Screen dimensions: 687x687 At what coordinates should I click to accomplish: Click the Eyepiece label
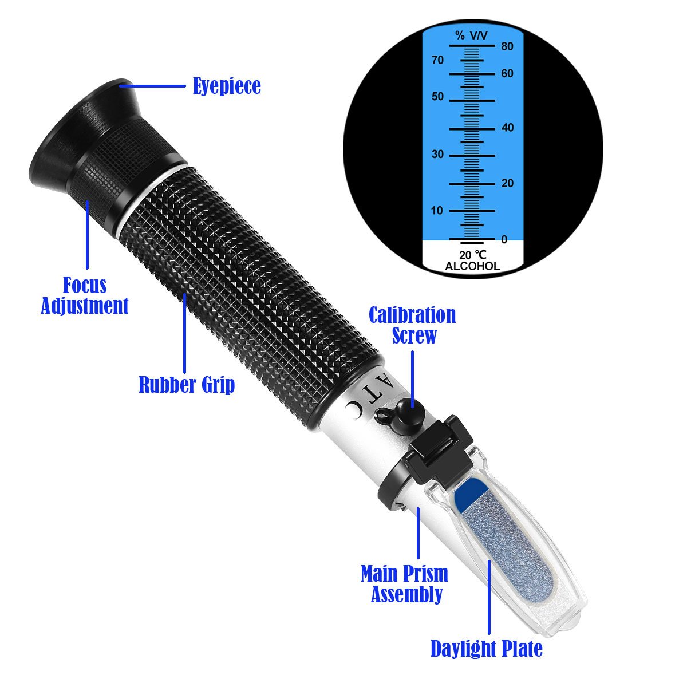pos(227,86)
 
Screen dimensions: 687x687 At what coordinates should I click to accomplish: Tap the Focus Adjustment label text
pos(84,295)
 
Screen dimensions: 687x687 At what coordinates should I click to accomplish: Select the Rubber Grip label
pos(187,385)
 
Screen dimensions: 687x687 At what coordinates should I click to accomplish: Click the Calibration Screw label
pos(412,325)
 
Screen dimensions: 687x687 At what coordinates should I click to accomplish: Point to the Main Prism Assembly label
pos(405,584)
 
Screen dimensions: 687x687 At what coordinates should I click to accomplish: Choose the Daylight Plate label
pos(486,649)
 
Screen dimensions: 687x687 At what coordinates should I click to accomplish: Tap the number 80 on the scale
pos(507,47)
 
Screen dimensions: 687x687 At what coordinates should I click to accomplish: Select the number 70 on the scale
pos(437,60)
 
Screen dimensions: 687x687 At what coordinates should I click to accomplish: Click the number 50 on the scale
pos(437,97)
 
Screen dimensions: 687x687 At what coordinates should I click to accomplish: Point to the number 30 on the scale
pos(437,154)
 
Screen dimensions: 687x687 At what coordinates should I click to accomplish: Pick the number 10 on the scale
pos(437,211)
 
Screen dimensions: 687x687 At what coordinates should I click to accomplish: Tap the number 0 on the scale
pos(504,240)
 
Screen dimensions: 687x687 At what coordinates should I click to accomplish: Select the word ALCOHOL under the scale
pos(472,266)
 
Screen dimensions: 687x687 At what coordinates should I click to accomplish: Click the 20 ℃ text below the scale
pos(472,255)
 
